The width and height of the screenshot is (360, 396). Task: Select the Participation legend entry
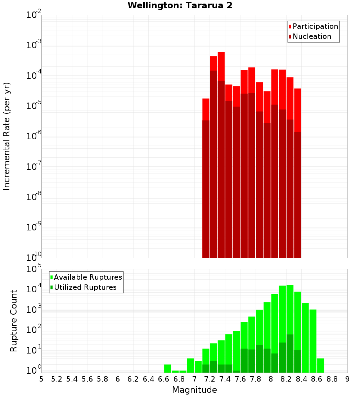pos(315,27)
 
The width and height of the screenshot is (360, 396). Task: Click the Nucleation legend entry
pos(311,37)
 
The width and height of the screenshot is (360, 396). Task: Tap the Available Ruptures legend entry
pos(87,277)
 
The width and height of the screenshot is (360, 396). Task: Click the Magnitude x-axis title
pos(194,390)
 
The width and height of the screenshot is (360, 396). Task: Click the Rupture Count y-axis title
pos(14,320)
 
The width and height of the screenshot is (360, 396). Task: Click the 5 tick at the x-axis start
pos(41,379)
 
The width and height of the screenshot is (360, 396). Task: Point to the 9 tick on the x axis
pos(347,379)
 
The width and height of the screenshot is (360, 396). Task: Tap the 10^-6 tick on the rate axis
pos(34,136)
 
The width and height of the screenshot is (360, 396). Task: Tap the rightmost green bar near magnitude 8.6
pos(320,365)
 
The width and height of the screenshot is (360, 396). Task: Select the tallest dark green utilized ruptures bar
pos(290,353)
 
